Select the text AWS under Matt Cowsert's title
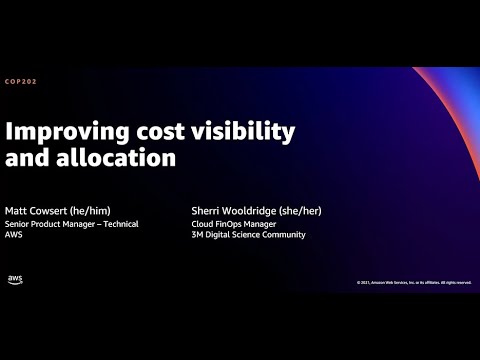click(16, 235)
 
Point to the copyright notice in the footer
click(413, 283)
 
